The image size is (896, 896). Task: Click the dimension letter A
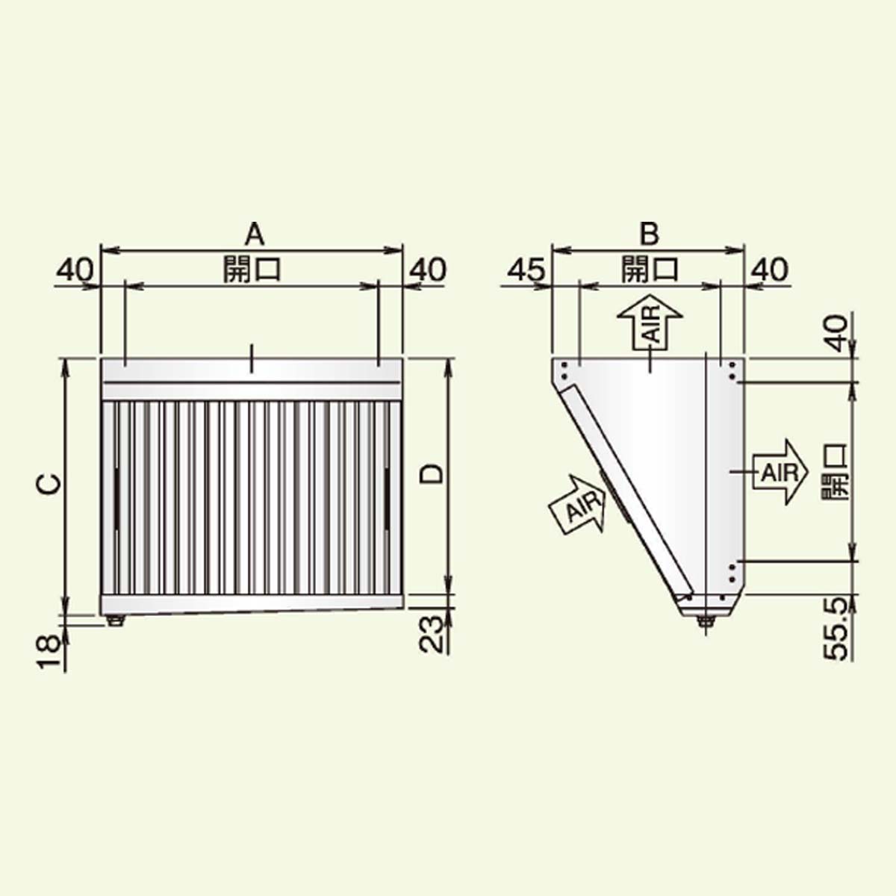(x=255, y=234)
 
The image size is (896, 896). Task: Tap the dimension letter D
(x=431, y=475)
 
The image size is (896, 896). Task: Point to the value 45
(x=526, y=270)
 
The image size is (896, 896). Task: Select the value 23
(x=431, y=635)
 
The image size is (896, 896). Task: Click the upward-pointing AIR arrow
(x=650, y=323)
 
